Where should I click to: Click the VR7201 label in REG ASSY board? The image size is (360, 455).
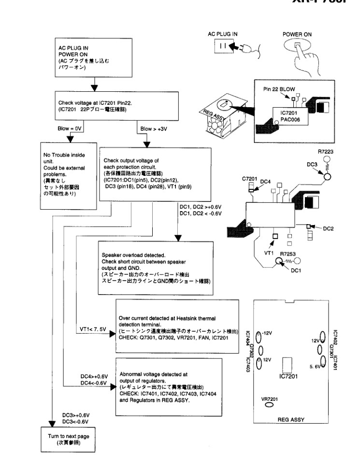pos(269,398)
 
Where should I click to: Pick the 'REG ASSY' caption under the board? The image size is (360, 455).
pos(290,420)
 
